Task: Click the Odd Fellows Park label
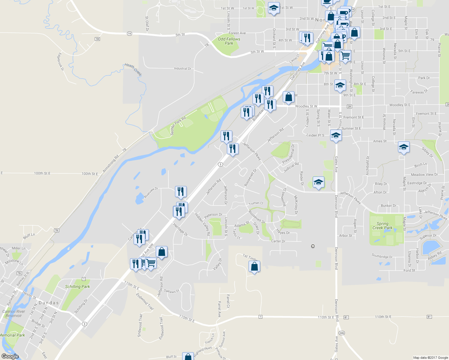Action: point(229,41)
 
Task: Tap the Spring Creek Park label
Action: point(382,226)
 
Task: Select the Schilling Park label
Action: point(77,286)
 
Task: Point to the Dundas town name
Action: point(49,303)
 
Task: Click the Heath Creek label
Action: point(133,69)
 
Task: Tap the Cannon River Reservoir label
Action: point(14,313)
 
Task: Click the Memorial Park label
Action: point(12,335)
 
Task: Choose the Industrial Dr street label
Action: point(182,68)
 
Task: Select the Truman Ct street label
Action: point(256,203)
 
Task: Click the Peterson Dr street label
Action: point(213,215)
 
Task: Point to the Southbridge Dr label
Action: point(382,256)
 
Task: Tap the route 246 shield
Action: point(342,333)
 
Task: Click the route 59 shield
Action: point(97,39)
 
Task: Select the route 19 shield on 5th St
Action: point(129,34)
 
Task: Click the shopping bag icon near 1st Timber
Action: point(254,266)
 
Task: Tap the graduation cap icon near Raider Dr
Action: point(318,182)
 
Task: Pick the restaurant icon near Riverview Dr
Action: point(181,191)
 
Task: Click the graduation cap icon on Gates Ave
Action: point(336,135)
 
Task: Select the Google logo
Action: point(10,356)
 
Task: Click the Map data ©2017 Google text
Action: point(430,358)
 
